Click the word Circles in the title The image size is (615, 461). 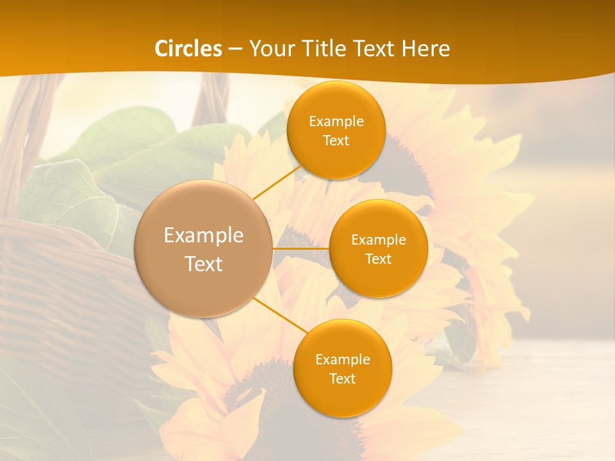tap(188, 49)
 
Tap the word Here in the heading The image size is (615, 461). tap(425, 49)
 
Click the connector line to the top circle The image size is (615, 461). tap(277, 182)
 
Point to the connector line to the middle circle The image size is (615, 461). tap(300, 248)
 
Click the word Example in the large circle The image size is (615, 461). tap(204, 236)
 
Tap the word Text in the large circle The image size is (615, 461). tap(204, 264)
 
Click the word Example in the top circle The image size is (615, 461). tap(336, 122)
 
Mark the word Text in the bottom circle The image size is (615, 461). tap(342, 378)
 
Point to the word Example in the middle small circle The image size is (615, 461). tap(379, 240)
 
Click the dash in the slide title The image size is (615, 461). tap(234, 49)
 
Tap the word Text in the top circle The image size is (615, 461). tap(336, 140)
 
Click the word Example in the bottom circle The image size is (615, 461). tap(343, 359)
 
